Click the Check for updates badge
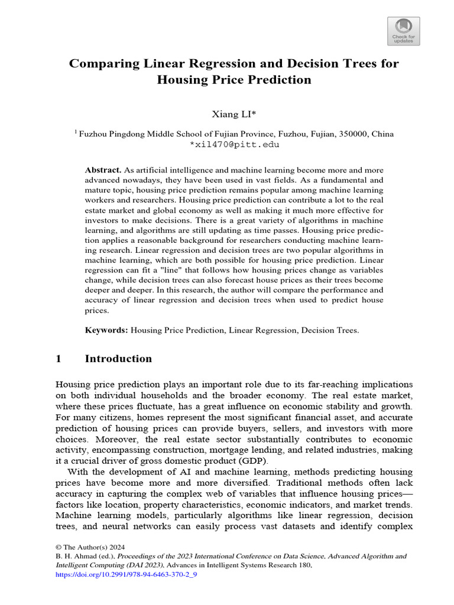404,31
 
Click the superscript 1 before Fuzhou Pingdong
76,132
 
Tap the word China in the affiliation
381,134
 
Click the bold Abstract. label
103,170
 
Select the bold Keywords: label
106,330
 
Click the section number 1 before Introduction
58,359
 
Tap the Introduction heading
118,359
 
